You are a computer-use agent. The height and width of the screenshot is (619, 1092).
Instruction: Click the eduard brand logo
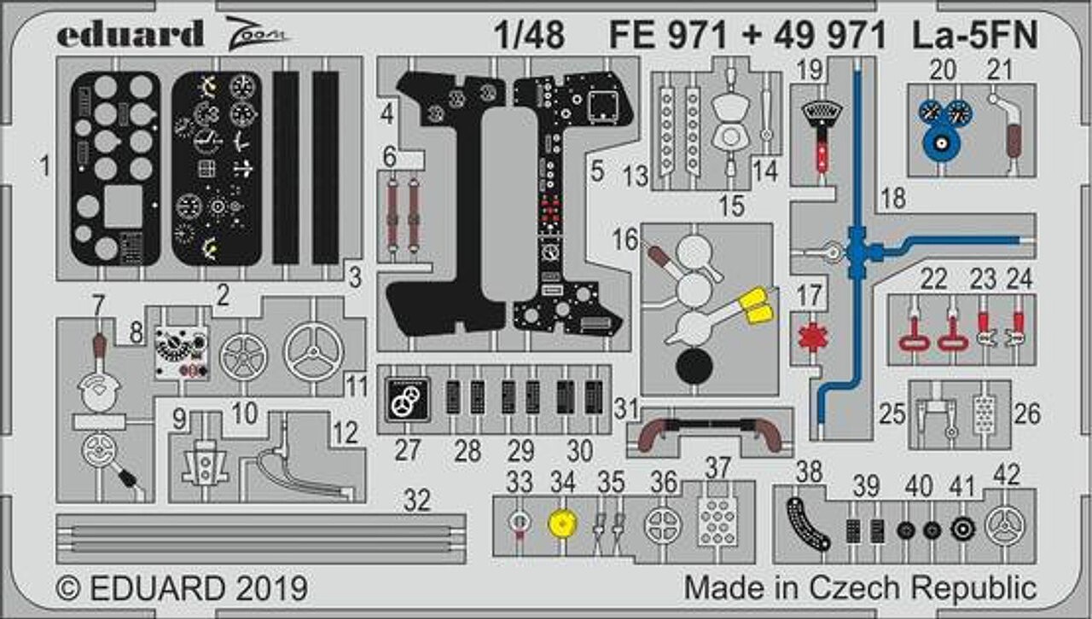[130, 33]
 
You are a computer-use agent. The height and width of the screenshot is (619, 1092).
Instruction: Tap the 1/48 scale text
[530, 35]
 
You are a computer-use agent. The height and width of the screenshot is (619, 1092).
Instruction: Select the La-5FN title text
[975, 35]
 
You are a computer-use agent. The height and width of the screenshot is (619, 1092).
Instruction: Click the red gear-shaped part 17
[813, 337]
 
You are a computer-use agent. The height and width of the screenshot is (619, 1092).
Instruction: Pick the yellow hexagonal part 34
[563, 524]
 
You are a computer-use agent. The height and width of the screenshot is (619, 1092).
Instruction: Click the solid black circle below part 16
[694, 366]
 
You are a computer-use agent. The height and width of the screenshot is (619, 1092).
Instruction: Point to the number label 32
[417, 500]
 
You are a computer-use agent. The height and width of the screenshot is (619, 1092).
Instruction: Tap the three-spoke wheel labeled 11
[314, 352]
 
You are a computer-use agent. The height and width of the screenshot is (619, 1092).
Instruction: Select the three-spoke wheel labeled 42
[1005, 526]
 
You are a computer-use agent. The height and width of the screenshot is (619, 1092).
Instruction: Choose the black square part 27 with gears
[408, 400]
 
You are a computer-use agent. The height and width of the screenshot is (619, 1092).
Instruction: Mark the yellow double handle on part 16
[755, 305]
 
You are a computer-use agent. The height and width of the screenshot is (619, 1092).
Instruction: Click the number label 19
[810, 69]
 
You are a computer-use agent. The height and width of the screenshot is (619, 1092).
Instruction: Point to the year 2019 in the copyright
[271, 588]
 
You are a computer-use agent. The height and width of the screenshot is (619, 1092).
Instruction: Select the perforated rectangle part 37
[717, 521]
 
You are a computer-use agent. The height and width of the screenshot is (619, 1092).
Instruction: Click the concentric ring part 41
[963, 529]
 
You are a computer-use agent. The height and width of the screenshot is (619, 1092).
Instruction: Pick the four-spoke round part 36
[663, 525]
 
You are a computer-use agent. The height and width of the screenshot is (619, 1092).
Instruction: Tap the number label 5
[597, 171]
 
